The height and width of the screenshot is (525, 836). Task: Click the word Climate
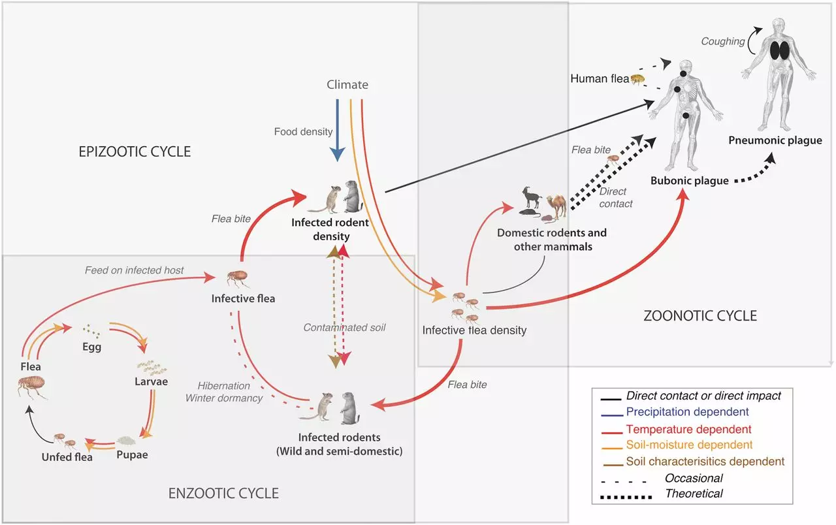[x=347, y=85]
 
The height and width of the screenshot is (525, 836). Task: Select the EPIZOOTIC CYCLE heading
[x=135, y=152]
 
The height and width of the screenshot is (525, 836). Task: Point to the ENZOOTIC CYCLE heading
[x=223, y=493]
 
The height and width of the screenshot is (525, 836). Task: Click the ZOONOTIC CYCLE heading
[x=700, y=315]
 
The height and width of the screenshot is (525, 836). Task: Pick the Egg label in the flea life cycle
[x=92, y=347]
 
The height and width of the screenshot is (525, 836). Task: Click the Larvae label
[x=151, y=381]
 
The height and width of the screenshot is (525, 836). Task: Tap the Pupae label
[x=132, y=455]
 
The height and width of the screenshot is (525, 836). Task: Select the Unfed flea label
[x=67, y=457]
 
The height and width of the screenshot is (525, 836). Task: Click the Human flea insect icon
[x=637, y=79]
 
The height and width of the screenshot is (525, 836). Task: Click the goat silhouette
[x=531, y=197]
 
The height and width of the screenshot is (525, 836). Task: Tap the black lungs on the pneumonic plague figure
[x=780, y=50]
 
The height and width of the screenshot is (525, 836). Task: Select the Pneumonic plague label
[x=775, y=140]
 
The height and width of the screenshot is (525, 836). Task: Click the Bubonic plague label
[x=689, y=181]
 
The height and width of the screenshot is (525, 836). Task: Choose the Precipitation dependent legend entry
[x=675, y=412]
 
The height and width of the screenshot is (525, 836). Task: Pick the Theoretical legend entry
[x=662, y=494]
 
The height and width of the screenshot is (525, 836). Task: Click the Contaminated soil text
[x=344, y=328]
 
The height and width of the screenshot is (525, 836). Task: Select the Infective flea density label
[x=474, y=330]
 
